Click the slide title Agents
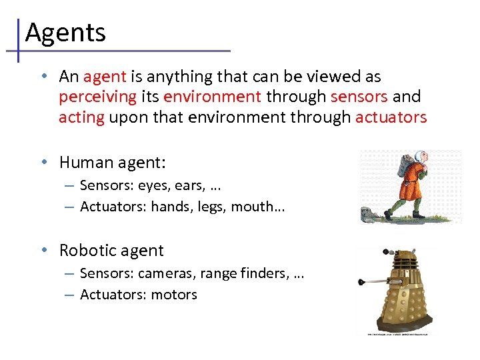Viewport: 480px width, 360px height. click(x=65, y=31)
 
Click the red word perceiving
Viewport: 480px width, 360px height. click(x=97, y=97)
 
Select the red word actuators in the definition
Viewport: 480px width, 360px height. click(x=391, y=117)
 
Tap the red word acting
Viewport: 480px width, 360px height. click(x=81, y=117)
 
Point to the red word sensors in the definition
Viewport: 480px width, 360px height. click(x=359, y=97)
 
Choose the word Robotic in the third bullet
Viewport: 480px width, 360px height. click(x=85, y=250)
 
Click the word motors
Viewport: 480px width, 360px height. click(x=175, y=294)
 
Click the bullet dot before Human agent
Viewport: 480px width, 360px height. click(x=43, y=162)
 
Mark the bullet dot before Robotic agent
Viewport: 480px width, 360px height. click(x=43, y=250)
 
